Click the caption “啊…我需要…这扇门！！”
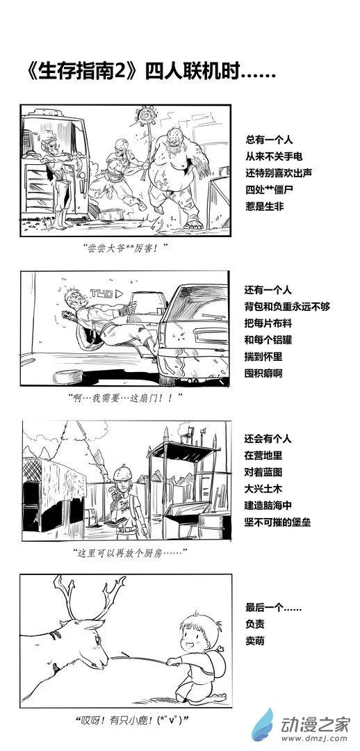pyautogui.click(x=125, y=398)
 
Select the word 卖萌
pyautogui.click(x=254, y=641)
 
